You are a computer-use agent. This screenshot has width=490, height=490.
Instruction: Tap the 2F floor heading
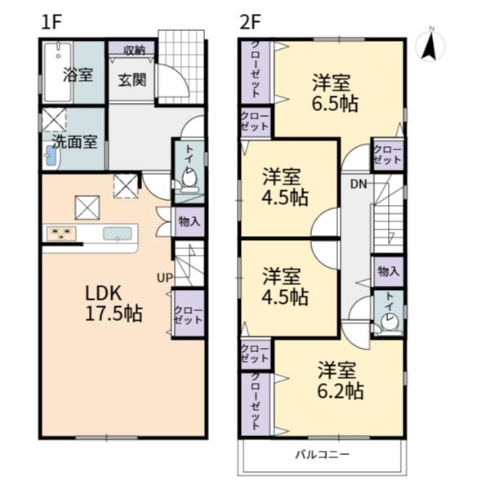[x=250, y=22]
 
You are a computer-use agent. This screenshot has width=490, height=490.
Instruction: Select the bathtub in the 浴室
[x=58, y=72]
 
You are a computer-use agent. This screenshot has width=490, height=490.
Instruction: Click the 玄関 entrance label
[x=132, y=80]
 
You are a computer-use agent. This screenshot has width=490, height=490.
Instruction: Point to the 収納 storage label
[x=135, y=50]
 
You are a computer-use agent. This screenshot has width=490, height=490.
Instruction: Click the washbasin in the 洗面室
[x=51, y=156]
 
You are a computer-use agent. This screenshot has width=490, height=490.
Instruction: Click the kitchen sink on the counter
[x=117, y=234]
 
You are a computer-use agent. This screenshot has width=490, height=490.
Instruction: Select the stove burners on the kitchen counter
[x=61, y=234]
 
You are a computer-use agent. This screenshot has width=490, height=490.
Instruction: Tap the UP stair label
[x=164, y=278]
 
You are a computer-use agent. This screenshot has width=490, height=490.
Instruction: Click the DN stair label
[x=359, y=185]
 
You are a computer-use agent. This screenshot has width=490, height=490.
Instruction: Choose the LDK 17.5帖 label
[x=114, y=303]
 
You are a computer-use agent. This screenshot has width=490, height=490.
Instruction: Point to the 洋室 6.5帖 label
[x=334, y=93]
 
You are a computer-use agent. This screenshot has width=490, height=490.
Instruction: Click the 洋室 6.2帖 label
[x=340, y=380]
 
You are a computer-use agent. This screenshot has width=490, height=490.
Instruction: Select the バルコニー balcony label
[x=323, y=454]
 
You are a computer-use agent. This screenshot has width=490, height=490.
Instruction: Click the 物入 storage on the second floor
[x=389, y=271]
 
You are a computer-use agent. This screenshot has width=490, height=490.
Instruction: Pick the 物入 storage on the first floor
[x=189, y=222]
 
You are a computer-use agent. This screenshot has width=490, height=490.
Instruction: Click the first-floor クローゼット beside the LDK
[x=189, y=315]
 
